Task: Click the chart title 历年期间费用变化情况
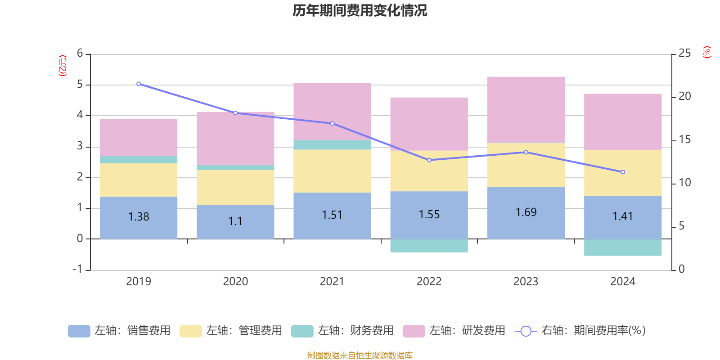point(360,10)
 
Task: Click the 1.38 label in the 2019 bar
point(139,216)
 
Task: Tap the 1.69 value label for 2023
point(526,212)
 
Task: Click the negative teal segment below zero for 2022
point(429,246)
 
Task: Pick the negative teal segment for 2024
point(623,247)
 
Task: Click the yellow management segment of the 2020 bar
point(235,187)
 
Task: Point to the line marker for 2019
point(139,84)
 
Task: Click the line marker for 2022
point(429,160)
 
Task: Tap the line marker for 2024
point(623,172)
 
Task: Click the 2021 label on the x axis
point(332,281)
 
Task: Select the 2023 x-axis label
point(526,281)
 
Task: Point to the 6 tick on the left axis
point(80,54)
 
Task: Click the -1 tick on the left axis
point(78,269)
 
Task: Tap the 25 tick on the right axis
point(684,54)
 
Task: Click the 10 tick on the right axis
point(684,183)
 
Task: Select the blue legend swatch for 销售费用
point(79,331)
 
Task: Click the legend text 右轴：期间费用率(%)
point(593,331)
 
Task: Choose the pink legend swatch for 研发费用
point(414,331)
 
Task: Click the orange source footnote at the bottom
point(360,355)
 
